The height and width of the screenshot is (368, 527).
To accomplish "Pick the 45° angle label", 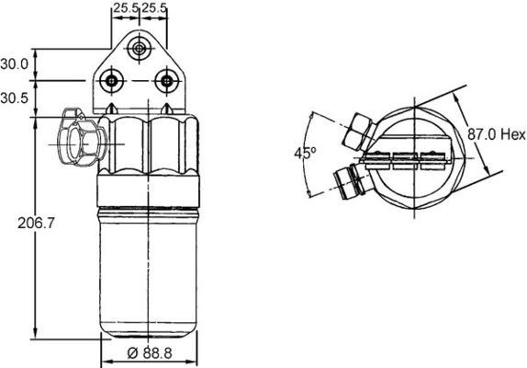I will click(x=305, y=153).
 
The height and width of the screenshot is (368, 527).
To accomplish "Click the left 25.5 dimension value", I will click(x=126, y=9).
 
